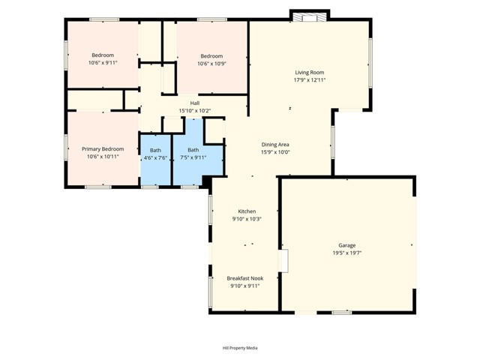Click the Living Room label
[309, 72]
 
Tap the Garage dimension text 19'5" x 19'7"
[346, 253]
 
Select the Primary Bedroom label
[103, 148]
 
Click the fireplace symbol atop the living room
[309, 16]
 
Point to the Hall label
[194, 103]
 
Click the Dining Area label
[274, 144]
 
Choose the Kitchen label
[247, 211]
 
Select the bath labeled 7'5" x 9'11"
[193, 154]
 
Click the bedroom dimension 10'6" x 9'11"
[103, 63]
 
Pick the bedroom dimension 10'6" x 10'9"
[211, 64]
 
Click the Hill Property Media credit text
[240, 348]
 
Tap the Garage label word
[346, 245]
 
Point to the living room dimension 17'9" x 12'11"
[309, 79]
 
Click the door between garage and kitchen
[283, 260]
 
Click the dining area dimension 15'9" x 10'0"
[274, 151]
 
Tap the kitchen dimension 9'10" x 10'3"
[247, 219]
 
